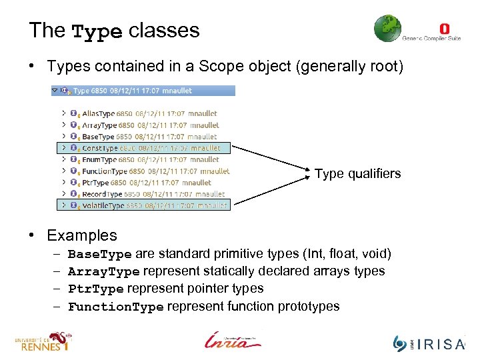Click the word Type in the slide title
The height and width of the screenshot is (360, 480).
97,31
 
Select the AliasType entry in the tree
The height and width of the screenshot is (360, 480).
99,114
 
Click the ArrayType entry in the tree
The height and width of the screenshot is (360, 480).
99,125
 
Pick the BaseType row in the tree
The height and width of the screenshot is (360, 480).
98,137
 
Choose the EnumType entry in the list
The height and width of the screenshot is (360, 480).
99,160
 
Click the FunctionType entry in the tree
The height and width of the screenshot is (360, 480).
104,171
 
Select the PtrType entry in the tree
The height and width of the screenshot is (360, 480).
95,183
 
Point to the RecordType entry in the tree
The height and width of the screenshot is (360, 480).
103,194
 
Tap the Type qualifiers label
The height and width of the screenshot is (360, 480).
357,174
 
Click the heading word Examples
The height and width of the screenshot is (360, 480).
81,235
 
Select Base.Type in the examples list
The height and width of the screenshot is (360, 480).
100,254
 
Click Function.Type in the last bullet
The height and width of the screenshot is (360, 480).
116,307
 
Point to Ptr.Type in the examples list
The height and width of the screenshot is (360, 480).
96,289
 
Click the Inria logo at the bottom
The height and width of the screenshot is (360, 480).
233,340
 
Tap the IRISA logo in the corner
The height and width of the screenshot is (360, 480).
427,343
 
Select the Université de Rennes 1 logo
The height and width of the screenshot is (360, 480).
43,341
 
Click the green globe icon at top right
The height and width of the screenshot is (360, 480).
387,29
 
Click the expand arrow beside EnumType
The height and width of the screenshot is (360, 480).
63,160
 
